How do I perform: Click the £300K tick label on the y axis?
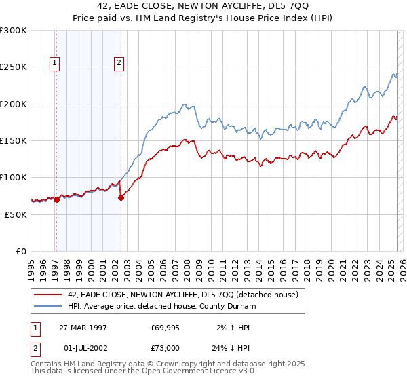(x=14, y=31)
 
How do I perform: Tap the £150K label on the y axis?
(x=14, y=141)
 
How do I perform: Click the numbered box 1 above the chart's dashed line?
(x=54, y=63)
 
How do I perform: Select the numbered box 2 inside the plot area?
(x=119, y=63)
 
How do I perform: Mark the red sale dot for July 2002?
(x=121, y=197)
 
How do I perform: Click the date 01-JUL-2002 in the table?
(x=83, y=348)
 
